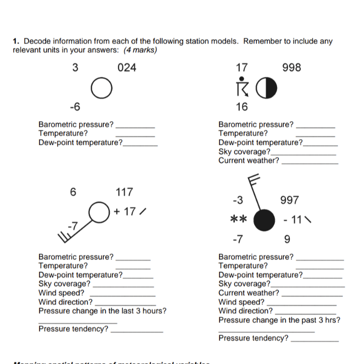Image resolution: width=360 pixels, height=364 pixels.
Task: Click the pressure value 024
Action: coord(127,68)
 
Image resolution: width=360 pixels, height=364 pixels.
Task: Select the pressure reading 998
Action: coord(291,68)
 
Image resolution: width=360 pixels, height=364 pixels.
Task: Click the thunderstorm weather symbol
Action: coord(241,87)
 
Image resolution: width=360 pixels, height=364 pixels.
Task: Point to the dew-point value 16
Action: coord(241,106)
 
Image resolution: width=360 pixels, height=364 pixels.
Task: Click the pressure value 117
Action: coord(125,192)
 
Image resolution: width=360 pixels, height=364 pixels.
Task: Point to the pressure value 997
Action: coord(290,201)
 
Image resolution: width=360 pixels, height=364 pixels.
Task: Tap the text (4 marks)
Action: coord(140,50)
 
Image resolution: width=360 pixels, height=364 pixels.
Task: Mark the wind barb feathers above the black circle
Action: coord(252,180)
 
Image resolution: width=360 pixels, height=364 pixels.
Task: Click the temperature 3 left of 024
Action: coord(75,68)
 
